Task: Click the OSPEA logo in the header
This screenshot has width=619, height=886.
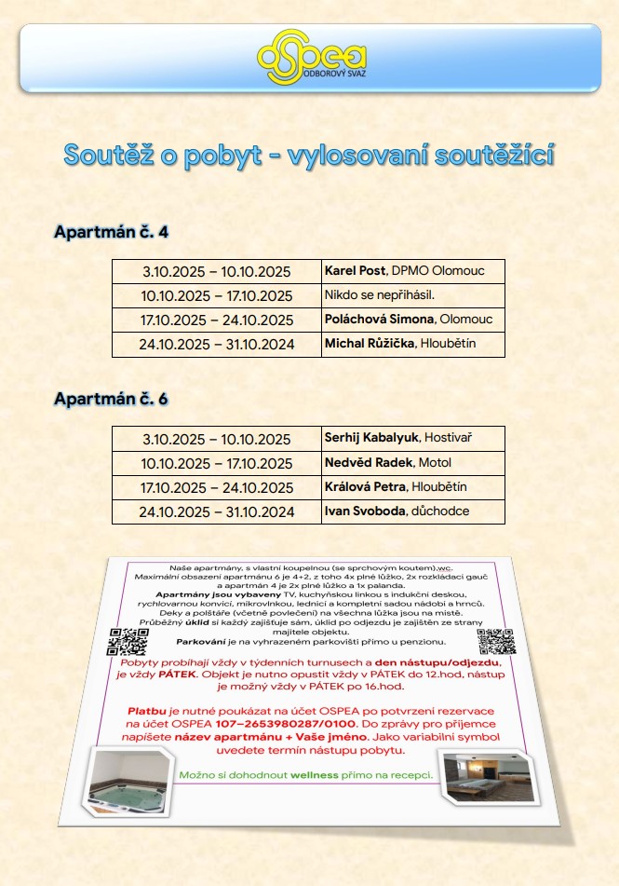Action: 310,55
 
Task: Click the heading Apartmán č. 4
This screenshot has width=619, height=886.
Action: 112,231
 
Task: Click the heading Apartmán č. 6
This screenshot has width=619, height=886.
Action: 112,399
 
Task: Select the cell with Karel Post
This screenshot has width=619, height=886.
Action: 412,271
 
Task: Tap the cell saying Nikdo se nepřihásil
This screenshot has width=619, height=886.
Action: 412,295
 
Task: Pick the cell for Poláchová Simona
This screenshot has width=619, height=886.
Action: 412,320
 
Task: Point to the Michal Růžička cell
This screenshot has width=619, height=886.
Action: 412,344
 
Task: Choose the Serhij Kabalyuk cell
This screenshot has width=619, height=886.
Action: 412,438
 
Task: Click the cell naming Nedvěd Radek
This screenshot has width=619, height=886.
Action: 412,463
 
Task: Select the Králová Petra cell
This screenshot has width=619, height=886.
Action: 412,487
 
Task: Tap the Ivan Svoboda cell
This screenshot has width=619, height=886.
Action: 412,511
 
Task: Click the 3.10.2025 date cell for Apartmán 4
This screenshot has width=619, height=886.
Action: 216,272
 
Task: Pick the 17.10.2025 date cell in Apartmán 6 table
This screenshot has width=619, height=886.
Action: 216,488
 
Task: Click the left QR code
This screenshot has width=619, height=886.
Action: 128,643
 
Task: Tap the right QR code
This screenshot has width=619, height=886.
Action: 495,642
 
